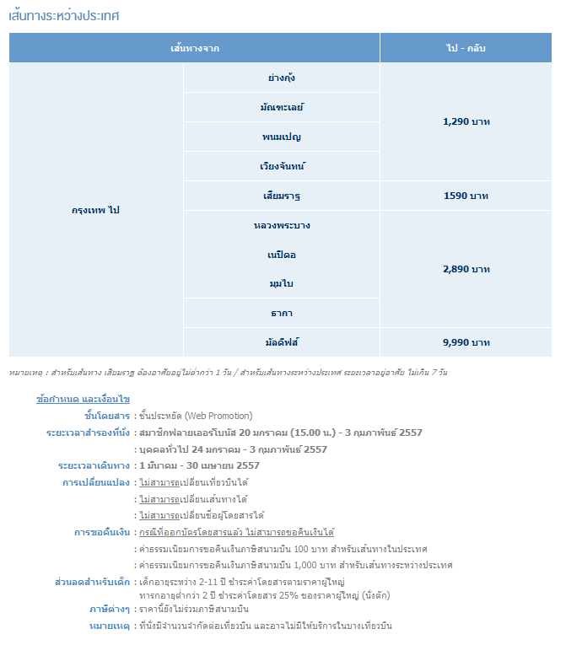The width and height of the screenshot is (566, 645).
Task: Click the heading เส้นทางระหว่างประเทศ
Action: point(64,15)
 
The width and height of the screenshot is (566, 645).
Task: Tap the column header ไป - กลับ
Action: point(466,48)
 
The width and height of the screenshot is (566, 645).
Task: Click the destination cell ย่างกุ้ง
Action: point(281,78)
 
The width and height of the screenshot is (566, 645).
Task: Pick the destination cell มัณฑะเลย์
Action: point(281,107)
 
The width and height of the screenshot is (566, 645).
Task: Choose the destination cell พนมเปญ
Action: point(281,137)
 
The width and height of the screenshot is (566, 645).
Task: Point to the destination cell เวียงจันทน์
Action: point(281,166)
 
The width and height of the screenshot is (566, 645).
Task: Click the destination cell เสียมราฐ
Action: point(281,196)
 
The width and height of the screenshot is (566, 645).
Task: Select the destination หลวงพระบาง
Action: point(281,225)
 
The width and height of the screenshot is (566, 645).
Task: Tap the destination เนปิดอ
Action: point(281,254)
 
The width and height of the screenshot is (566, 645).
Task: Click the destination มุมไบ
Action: point(281,283)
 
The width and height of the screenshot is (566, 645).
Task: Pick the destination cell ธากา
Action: point(281,313)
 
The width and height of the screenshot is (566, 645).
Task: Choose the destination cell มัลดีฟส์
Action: point(281,342)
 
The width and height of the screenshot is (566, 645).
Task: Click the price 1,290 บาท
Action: point(466,121)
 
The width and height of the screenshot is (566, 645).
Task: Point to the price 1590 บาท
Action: point(466,196)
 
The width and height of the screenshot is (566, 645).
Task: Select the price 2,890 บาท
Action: point(466,269)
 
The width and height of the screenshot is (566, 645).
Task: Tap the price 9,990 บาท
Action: point(466,342)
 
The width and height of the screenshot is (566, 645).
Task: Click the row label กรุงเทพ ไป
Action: point(95,210)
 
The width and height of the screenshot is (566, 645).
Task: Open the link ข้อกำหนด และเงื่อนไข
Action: point(83,399)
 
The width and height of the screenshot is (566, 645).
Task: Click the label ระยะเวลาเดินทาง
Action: point(93,465)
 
